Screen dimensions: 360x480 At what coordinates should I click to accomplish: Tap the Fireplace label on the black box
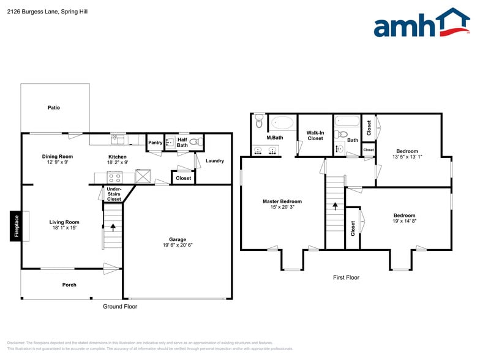(17, 226)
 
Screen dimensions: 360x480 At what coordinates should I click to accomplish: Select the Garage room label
(178, 239)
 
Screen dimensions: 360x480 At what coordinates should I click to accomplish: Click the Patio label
(54, 108)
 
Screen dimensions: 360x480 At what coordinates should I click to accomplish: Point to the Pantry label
(155, 143)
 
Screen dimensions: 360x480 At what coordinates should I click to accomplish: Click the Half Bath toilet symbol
(195, 142)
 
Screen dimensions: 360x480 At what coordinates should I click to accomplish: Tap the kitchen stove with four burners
(114, 178)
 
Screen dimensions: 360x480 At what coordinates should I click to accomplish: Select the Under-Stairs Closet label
(114, 194)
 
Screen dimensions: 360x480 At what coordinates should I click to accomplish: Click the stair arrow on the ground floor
(113, 228)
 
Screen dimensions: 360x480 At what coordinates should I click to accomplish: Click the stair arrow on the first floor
(335, 206)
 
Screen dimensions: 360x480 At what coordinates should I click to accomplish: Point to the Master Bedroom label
(282, 201)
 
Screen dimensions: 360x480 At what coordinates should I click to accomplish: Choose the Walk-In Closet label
(315, 135)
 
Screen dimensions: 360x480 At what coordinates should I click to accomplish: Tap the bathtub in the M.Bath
(282, 122)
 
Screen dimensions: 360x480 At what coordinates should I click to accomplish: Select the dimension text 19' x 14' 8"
(404, 222)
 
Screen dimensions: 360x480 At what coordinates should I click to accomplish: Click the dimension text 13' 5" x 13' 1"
(407, 157)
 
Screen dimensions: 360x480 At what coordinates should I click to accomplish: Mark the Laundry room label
(215, 161)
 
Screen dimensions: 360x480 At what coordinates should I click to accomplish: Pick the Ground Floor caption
(120, 307)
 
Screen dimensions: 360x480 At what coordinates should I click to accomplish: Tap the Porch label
(69, 285)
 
